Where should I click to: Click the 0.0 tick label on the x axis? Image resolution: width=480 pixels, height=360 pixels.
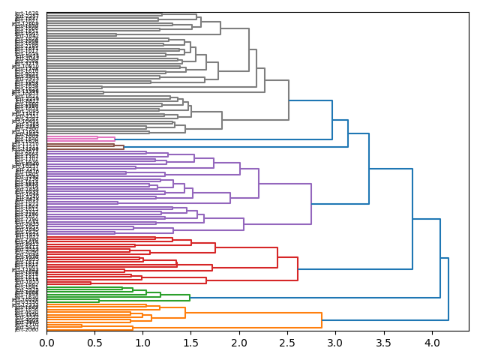46,343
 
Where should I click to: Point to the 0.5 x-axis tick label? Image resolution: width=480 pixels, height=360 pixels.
94,343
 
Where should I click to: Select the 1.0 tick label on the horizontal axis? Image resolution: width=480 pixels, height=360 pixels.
142,343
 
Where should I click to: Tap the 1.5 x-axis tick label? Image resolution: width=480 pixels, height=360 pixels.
190,343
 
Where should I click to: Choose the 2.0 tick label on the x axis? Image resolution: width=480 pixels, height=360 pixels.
239,343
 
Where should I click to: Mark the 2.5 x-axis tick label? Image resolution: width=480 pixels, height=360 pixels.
287,343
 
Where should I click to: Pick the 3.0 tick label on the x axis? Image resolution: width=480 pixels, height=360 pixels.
335,343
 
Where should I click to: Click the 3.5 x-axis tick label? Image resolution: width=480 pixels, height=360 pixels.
383,343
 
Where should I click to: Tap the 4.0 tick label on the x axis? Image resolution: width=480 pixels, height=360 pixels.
431,343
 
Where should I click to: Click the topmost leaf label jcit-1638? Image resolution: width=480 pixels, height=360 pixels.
26,13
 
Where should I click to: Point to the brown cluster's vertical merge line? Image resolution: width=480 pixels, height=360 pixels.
124,147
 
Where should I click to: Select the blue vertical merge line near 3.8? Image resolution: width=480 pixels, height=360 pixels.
412,219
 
